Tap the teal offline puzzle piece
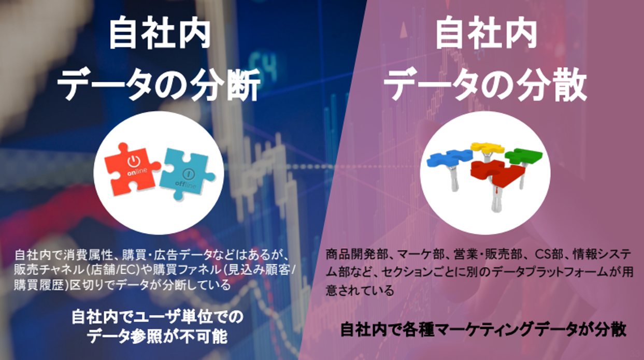coord(187,174)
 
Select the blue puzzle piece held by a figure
coord(449,157)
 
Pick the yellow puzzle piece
coord(488,148)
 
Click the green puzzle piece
coord(523,155)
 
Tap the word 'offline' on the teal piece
coord(185,184)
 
